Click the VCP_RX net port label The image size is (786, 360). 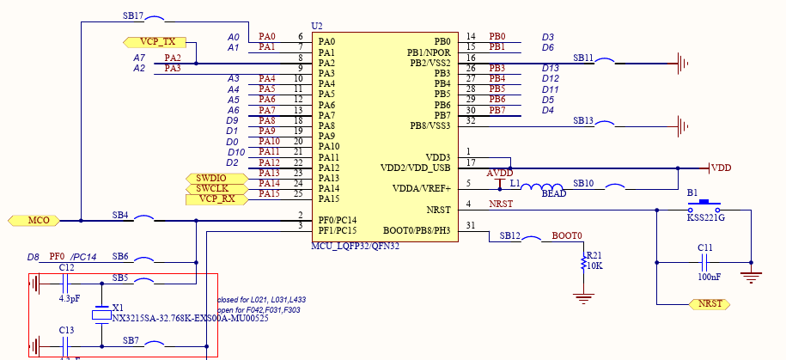coord(216,199)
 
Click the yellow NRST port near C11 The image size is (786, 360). coord(710,304)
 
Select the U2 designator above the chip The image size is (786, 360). coord(317,27)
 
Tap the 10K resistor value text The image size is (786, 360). coord(594,265)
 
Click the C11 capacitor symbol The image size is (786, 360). coord(704,261)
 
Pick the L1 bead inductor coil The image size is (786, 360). coord(540,187)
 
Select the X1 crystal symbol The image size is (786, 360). coord(102,315)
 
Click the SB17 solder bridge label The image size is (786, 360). coord(133,16)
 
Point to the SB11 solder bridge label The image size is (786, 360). coord(583,58)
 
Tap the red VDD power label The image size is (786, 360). coord(721,168)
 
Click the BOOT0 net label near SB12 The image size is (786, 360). coord(566,235)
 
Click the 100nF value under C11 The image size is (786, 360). coord(710,278)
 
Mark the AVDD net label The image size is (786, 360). coord(499,173)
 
